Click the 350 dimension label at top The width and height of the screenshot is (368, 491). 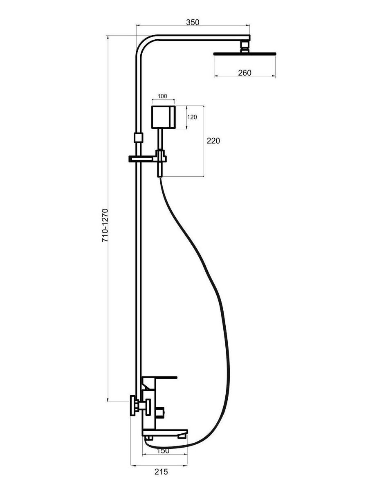click(x=192, y=22)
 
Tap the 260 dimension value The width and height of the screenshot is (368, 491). click(x=245, y=73)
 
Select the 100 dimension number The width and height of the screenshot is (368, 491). click(x=162, y=96)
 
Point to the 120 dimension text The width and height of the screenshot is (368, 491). click(x=192, y=117)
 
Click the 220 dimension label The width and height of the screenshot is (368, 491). click(x=213, y=141)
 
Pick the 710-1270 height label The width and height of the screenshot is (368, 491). click(x=105, y=225)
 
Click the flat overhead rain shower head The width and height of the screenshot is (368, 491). click(x=245, y=54)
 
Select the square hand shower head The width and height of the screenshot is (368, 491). click(x=163, y=117)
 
